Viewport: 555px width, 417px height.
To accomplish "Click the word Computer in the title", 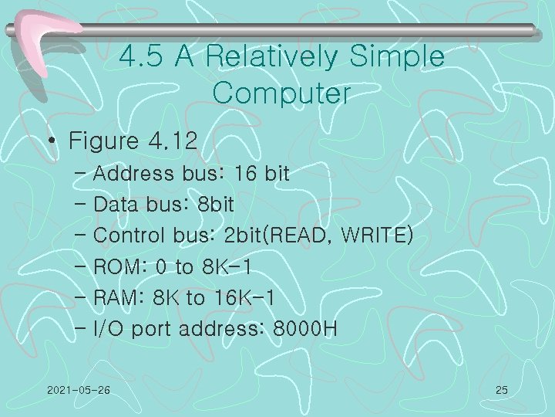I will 281,94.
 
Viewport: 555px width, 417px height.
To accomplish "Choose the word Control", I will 129,235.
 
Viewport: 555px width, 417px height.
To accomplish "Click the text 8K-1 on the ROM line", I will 227,267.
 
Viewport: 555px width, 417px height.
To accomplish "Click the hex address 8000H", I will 306,330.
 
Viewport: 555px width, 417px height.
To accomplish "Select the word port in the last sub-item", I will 152,331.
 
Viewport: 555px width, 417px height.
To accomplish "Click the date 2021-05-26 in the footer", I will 78,391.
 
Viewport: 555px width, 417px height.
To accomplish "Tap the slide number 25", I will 501,391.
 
